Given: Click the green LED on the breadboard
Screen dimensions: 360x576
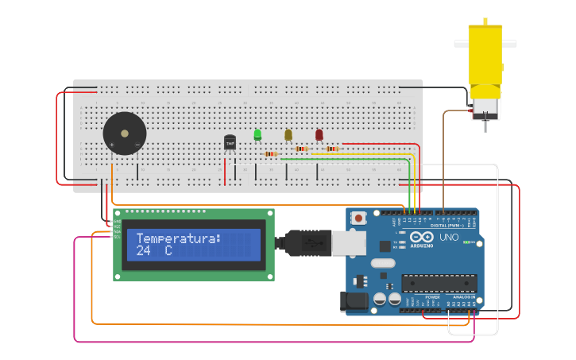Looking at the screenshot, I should [257, 134].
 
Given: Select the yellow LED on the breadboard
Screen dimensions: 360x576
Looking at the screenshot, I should [288, 135].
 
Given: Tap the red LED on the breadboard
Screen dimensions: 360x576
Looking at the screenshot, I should [319, 135].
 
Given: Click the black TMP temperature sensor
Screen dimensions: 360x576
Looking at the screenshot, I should [230, 142].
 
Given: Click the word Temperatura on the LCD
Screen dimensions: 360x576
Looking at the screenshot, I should [178, 238].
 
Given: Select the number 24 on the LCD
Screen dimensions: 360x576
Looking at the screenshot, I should [144, 250].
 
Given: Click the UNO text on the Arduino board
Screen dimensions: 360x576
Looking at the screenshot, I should [449, 237].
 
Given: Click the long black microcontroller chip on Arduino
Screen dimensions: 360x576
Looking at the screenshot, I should [439, 283].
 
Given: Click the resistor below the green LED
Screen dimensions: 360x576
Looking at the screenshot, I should [271, 154].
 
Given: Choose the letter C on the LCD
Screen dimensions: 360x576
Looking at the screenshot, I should [168, 250].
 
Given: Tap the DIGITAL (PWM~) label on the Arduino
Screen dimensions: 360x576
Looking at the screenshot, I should [450, 226].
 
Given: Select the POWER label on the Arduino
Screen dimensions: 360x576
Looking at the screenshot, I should [432, 296].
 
